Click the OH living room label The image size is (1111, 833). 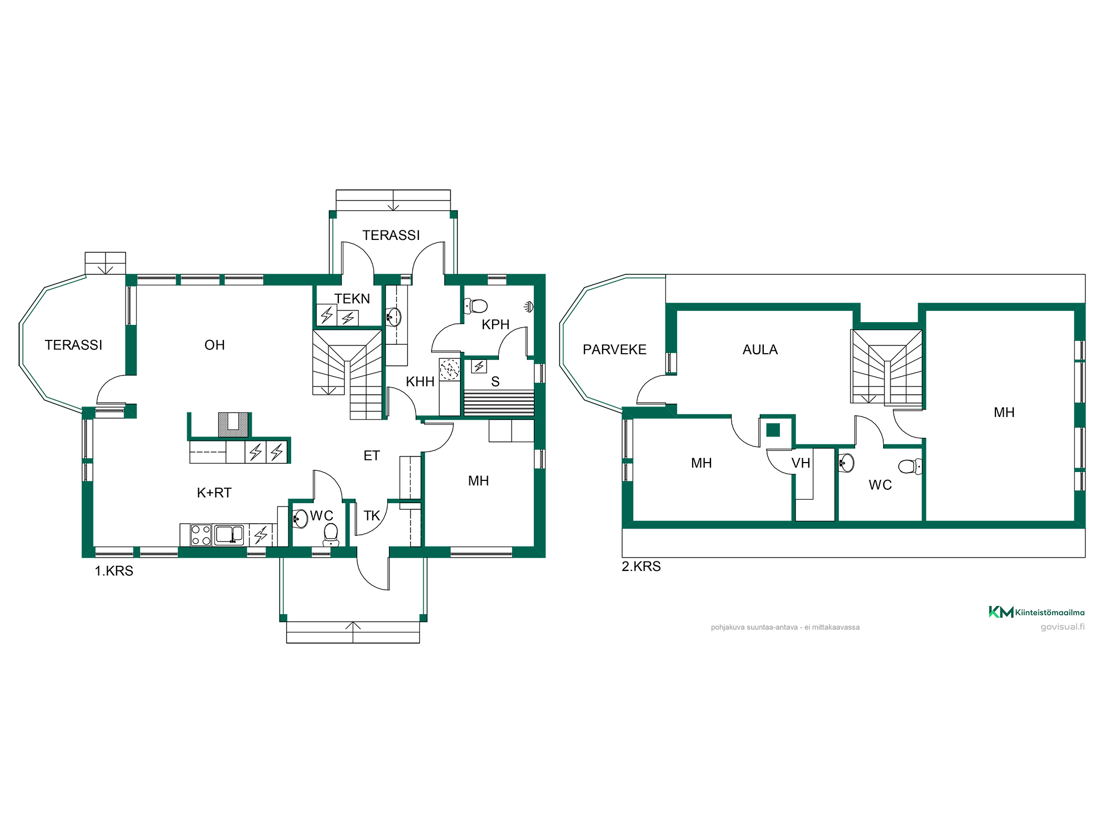(x=214, y=345)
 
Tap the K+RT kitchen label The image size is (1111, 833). (x=214, y=493)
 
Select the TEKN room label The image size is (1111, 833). (x=352, y=299)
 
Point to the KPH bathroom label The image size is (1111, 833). (x=496, y=324)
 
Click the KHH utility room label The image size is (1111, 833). (x=420, y=382)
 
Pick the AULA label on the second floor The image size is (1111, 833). (x=760, y=349)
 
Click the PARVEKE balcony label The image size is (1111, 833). (x=614, y=349)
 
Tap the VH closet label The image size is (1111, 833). (x=800, y=463)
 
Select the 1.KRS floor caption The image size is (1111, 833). (x=114, y=571)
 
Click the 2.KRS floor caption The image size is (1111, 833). (x=641, y=566)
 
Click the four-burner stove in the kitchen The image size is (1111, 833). (x=201, y=535)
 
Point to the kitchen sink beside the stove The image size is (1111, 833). (x=229, y=535)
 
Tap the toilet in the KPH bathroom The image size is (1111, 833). (x=476, y=305)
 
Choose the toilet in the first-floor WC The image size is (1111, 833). (x=331, y=534)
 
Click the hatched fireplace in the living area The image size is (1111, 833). (x=233, y=424)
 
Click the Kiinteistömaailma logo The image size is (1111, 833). (x=1036, y=612)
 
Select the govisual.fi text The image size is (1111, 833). (x=1062, y=627)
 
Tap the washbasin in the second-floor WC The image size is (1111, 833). (x=846, y=463)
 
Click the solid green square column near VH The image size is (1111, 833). (x=773, y=430)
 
